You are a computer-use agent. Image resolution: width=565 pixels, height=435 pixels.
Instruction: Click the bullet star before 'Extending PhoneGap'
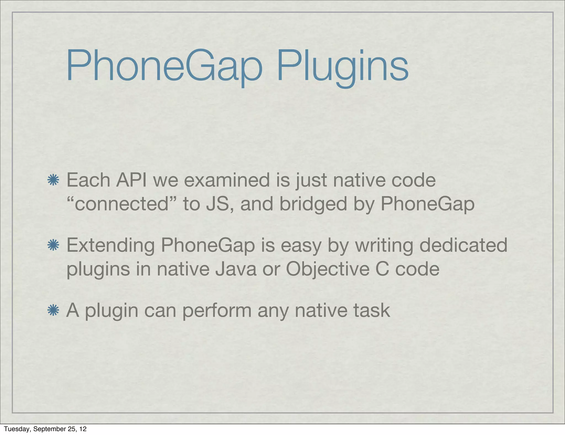53,245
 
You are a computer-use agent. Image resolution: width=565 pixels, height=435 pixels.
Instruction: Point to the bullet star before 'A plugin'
53,311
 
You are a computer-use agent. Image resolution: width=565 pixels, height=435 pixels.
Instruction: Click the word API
131,180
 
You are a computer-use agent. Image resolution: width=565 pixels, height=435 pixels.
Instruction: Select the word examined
226,180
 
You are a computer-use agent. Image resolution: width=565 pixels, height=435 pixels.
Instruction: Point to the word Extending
111,245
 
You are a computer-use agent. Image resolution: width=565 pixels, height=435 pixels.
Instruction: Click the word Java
236,269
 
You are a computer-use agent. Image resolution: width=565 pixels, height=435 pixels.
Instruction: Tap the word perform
217,311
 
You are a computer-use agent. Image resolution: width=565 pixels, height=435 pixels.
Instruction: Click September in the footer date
50,429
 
